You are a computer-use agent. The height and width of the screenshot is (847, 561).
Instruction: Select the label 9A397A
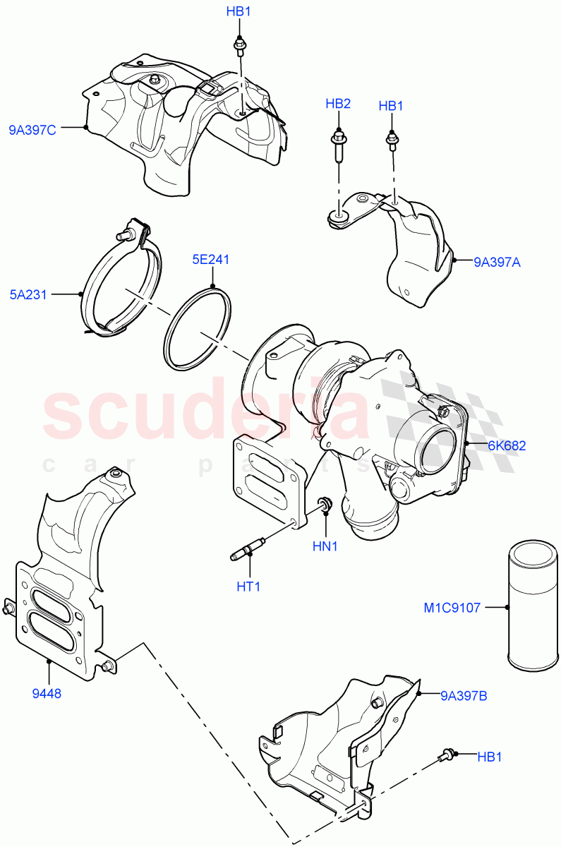point(497,262)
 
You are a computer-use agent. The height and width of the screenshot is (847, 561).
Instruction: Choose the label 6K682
point(506,445)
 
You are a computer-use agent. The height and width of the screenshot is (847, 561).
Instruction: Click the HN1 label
point(327,547)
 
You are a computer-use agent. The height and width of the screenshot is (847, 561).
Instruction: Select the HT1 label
point(248,586)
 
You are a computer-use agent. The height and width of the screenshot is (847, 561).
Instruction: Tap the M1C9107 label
point(452,607)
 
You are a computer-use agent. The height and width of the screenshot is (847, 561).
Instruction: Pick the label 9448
point(47,693)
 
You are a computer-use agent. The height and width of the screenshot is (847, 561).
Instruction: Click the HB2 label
point(338,104)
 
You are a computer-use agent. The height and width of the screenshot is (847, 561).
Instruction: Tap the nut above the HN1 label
point(325,505)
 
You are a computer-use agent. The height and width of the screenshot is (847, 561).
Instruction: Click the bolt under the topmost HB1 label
point(241,47)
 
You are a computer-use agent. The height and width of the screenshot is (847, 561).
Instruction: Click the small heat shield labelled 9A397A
point(416,258)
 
